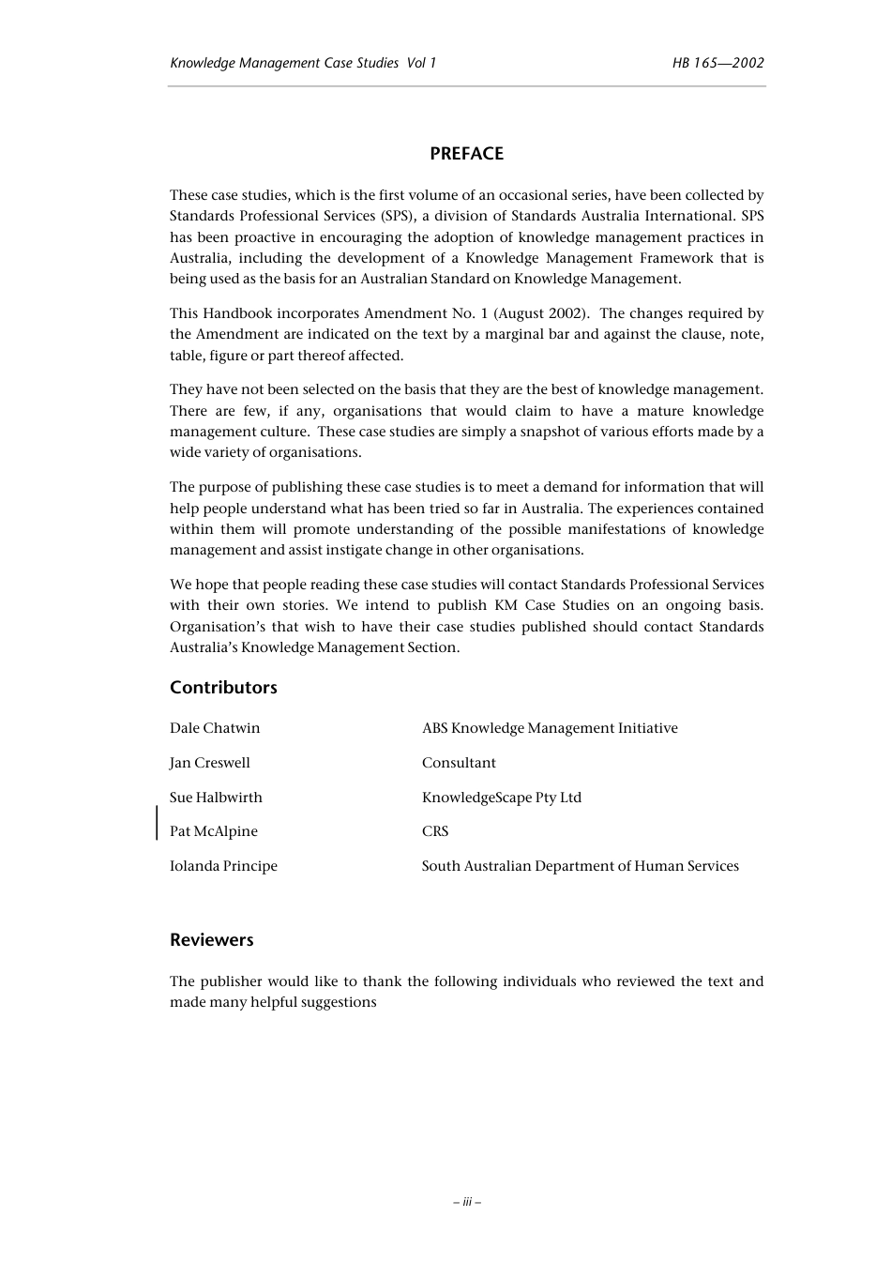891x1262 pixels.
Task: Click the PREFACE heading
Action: (466, 154)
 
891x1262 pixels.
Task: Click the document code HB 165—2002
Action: (717, 63)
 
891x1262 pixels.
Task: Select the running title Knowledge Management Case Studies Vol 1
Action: (303, 63)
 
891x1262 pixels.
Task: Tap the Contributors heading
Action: (223, 688)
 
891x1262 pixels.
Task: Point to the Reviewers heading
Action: (211, 940)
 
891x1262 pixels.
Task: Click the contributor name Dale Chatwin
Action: (215, 728)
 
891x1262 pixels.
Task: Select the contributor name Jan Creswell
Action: (210, 763)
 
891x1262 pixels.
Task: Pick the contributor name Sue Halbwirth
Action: (216, 798)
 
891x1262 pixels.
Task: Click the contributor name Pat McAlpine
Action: (214, 831)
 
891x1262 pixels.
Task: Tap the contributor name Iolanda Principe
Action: (223, 866)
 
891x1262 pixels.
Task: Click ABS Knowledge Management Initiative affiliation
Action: (550, 728)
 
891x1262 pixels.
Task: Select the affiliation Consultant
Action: (459, 763)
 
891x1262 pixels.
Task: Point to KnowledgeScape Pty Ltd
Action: (502, 798)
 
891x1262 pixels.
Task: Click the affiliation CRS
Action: (435, 831)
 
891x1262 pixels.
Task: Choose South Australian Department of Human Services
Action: (580, 866)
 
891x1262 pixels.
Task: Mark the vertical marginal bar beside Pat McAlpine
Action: (157, 822)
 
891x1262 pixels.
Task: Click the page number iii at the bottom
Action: (466, 1201)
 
